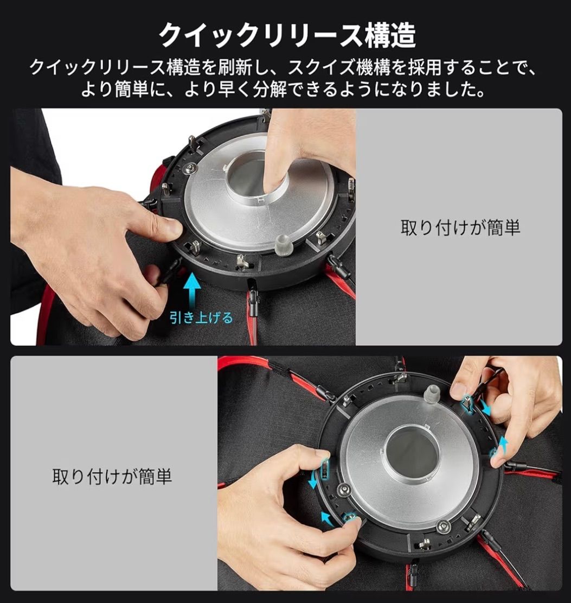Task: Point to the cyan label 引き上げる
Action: (x=201, y=318)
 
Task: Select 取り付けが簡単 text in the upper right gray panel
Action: (x=460, y=227)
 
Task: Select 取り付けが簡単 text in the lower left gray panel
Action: (x=112, y=477)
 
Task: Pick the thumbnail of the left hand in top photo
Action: (x=172, y=228)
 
